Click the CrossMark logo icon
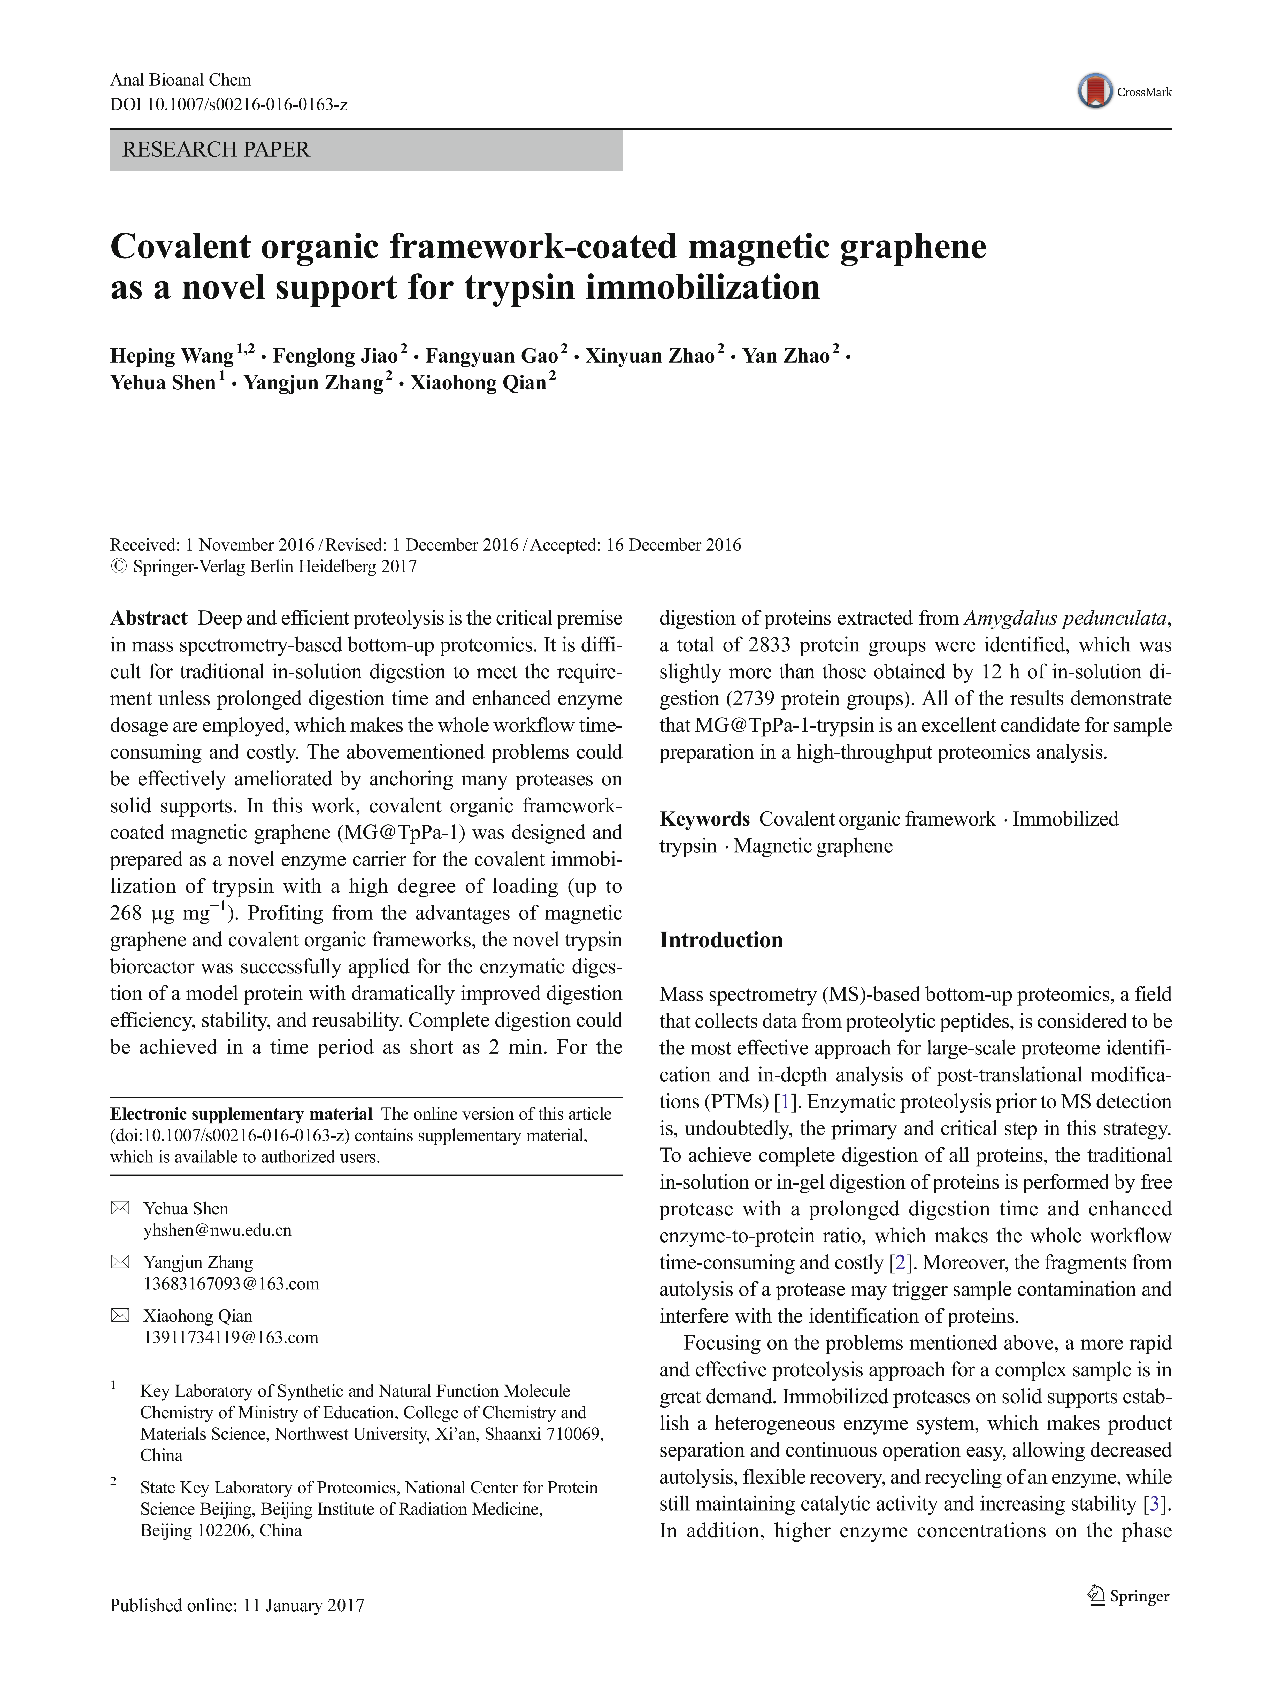pos(1095,91)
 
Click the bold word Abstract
pos(149,618)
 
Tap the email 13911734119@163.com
pos(231,1337)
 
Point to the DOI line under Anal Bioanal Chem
pos(229,104)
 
